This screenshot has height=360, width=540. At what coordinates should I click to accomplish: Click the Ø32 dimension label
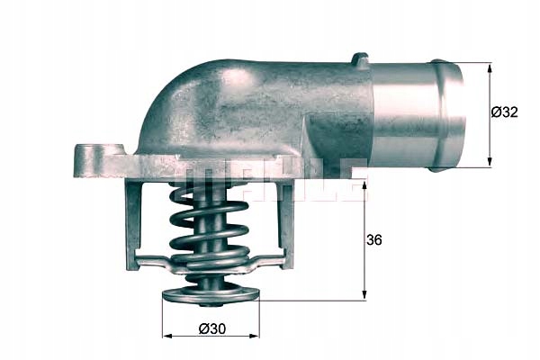coord(504,112)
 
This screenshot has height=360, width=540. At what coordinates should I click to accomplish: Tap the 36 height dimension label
coord(374,239)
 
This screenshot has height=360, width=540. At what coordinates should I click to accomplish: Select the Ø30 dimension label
coord(212,328)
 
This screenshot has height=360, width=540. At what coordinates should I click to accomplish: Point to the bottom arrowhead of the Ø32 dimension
coord(490,162)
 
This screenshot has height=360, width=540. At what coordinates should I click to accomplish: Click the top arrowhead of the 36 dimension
coord(364,186)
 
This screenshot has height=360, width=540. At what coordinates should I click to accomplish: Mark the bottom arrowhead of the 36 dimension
coord(364,295)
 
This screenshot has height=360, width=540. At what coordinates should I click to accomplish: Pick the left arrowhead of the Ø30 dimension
coord(167,336)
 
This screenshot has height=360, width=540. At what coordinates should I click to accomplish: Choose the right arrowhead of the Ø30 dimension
coord(254,336)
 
